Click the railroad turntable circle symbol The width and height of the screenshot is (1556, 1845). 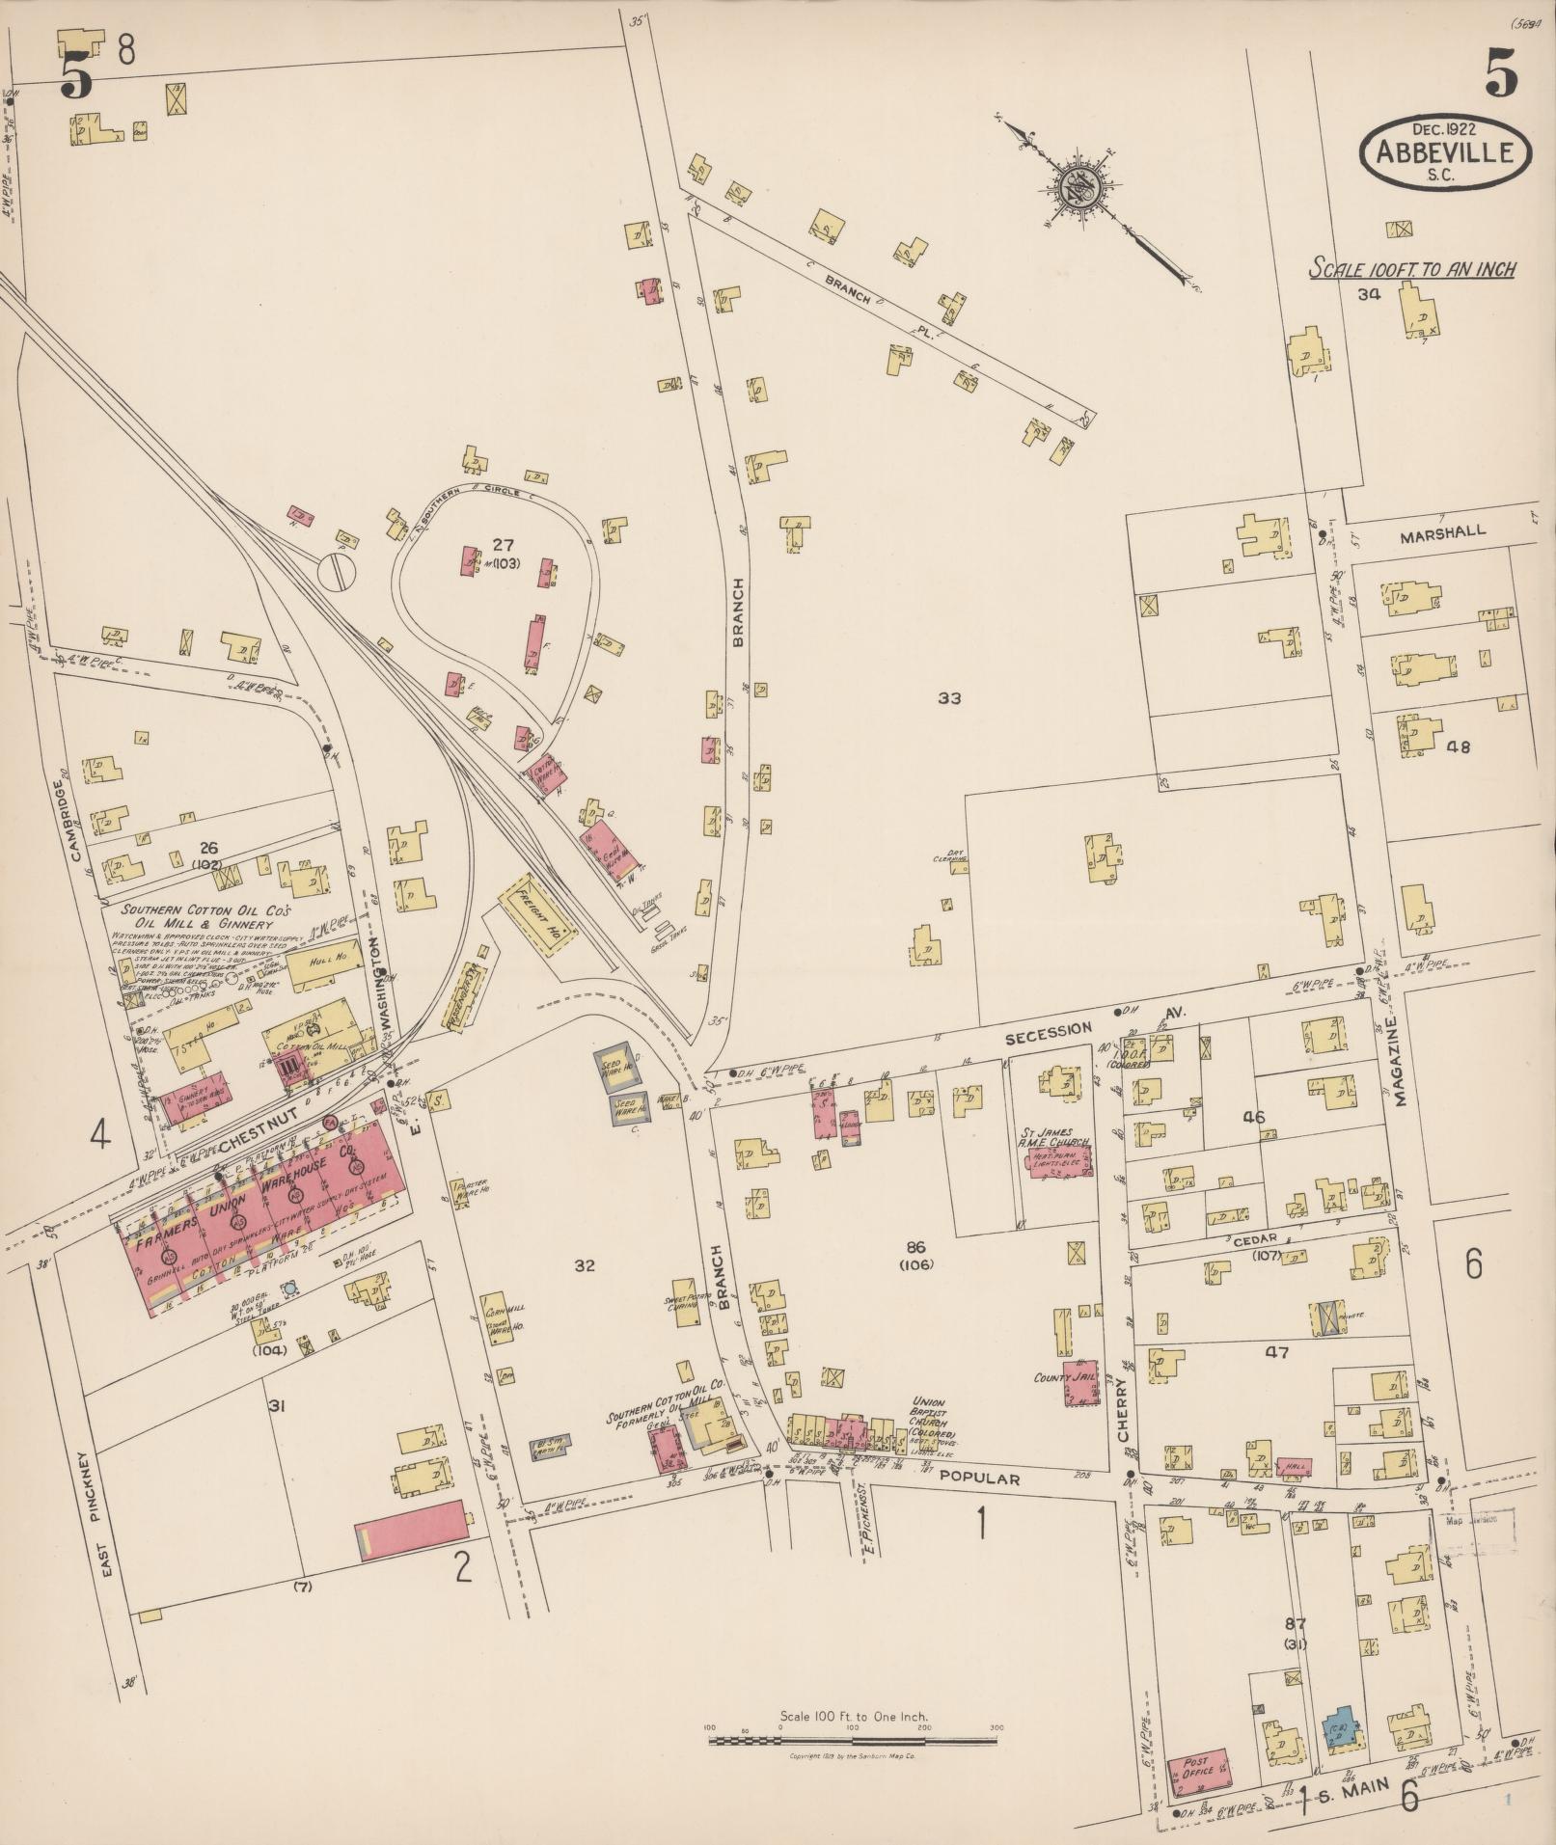coord(338,570)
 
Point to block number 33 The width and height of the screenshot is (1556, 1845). coord(949,698)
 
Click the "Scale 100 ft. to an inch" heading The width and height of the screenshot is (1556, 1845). coord(1410,268)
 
